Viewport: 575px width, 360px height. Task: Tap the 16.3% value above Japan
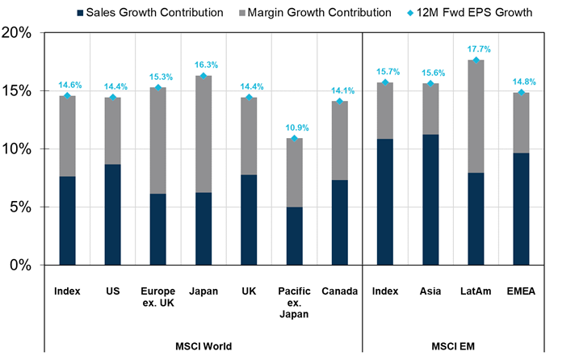tap(203, 65)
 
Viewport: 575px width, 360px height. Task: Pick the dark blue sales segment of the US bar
tap(112, 215)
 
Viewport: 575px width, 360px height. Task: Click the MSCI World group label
tap(203, 346)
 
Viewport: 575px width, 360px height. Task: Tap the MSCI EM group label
tap(452, 346)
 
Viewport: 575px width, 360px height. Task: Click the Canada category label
tap(339, 291)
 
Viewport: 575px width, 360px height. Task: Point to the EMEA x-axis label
tap(520, 291)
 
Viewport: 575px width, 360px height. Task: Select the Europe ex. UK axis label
tap(157, 296)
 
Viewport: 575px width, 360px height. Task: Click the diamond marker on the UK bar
tap(248, 98)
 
